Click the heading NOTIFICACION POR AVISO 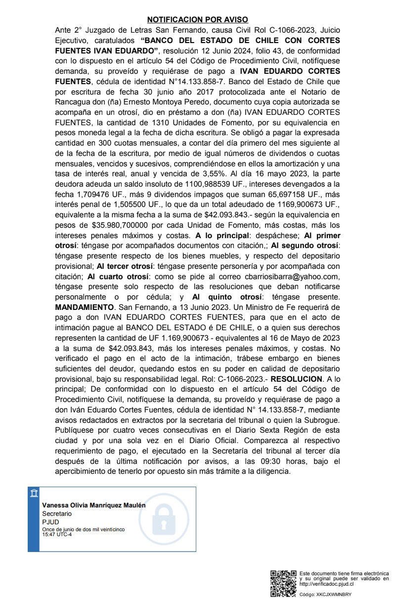pos(197,20)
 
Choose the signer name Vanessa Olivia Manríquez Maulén pos(94,505)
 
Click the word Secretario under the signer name pos(57,514)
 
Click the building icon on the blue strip pos(33,493)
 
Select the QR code pos(283,583)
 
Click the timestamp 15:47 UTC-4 pos(57,534)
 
